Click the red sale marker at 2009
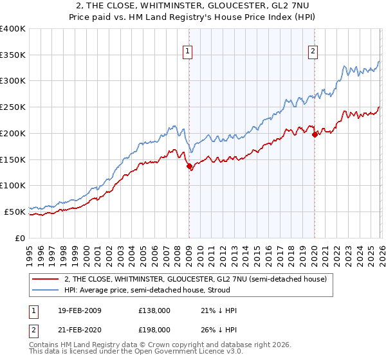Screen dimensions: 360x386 pos(189,166)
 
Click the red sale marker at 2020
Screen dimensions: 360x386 pos(315,134)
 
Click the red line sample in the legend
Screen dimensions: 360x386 pos(45,279)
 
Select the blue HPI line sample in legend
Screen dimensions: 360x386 pos(45,290)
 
